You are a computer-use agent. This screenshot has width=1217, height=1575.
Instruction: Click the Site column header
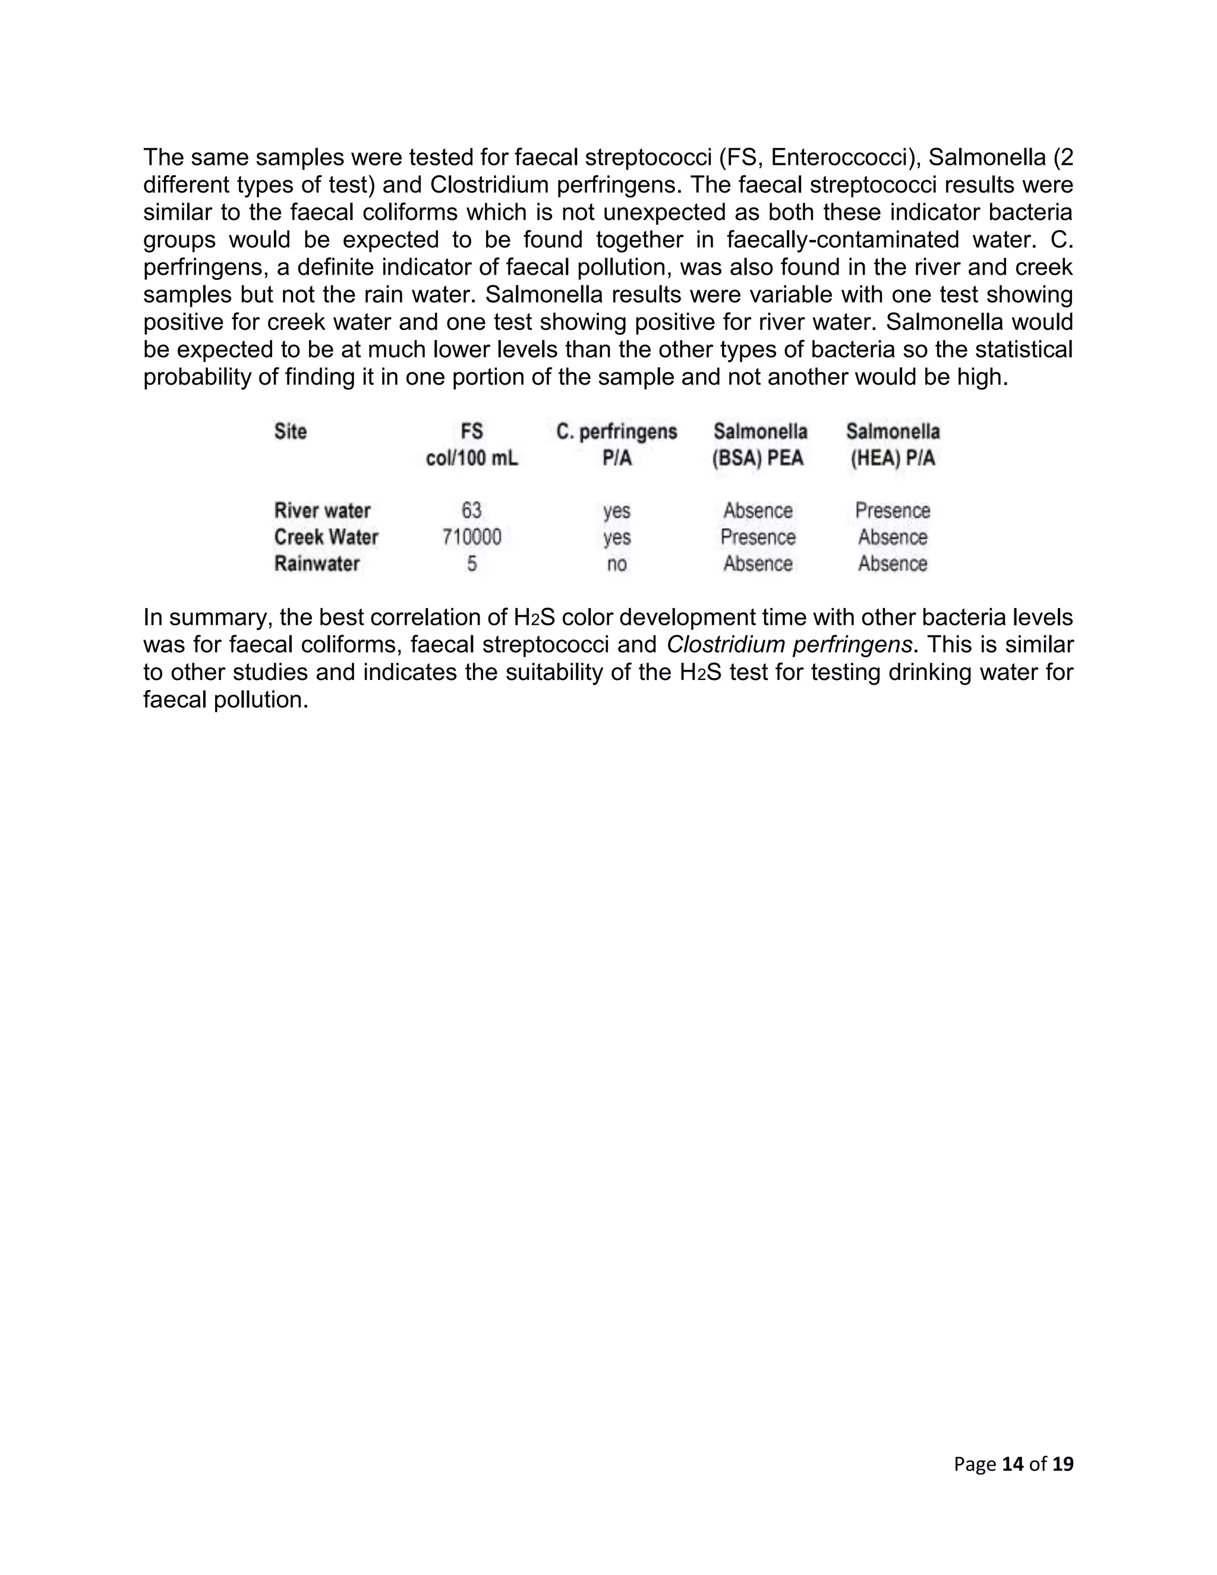291,431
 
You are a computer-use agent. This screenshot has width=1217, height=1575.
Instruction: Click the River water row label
322,511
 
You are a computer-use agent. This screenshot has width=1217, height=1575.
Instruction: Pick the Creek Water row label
326,537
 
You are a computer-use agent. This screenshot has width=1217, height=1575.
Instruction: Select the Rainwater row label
317,564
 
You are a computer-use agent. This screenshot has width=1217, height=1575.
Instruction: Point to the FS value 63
471,511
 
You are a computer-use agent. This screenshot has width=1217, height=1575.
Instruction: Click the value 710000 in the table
471,537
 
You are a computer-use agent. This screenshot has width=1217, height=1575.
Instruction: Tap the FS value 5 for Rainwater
471,564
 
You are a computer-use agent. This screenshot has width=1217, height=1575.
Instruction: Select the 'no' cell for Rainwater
616,564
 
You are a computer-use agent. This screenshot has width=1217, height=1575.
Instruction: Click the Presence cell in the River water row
893,511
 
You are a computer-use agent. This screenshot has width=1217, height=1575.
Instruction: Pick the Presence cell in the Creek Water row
758,537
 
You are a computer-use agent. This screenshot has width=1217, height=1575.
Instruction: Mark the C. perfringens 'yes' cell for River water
616,511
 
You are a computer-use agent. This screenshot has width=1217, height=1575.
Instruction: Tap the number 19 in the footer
1062,1464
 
